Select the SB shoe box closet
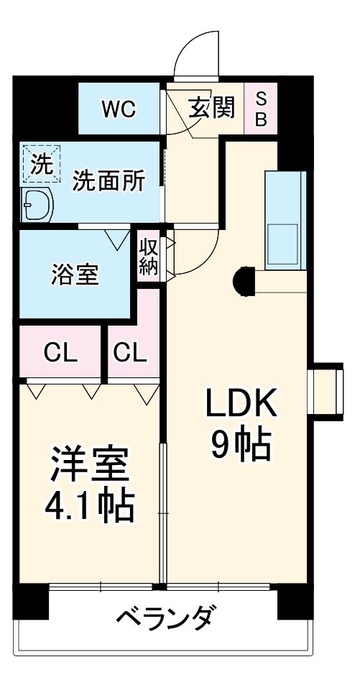pyautogui.click(x=261, y=109)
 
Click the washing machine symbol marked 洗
pyautogui.click(x=42, y=164)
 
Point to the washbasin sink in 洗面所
pyautogui.click(x=37, y=204)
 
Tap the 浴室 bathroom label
pyautogui.click(x=75, y=275)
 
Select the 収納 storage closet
pyautogui.click(x=149, y=257)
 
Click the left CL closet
pyautogui.click(x=61, y=351)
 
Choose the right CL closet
pyautogui.click(x=130, y=351)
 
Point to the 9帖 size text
pyautogui.click(x=241, y=445)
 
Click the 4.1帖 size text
pyautogui.click(x=89, y=507)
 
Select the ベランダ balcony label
pyautogui.click(x=165, y=617)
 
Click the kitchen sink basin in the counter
pyautogui.click(x=282, y=244)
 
